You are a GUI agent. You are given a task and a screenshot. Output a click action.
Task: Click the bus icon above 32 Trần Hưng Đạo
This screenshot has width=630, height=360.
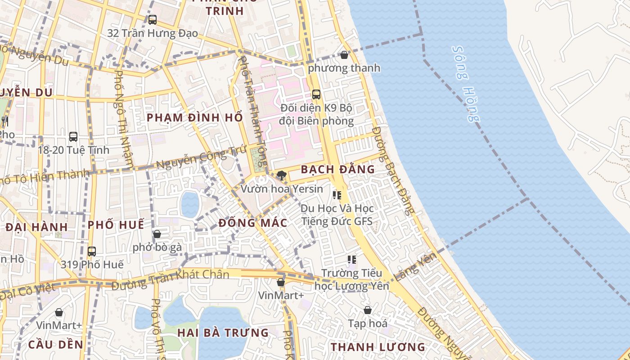153,20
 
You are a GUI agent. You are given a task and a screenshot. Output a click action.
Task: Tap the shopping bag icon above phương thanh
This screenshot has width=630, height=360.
344,55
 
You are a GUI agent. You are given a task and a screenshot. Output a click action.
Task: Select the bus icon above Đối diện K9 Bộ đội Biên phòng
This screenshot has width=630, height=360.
316,94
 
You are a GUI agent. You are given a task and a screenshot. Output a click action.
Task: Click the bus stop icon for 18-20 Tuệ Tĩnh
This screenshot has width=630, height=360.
73,137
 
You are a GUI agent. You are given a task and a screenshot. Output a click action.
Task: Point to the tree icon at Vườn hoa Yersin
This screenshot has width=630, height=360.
282,175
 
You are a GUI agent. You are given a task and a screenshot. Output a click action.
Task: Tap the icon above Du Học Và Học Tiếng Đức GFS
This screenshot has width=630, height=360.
337,195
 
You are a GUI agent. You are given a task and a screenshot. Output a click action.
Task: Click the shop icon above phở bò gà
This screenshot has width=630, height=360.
157,234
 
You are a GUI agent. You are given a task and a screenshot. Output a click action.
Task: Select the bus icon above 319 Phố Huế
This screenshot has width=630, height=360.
92,251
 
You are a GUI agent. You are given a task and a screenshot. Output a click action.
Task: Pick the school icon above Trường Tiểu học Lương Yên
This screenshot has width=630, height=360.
351,260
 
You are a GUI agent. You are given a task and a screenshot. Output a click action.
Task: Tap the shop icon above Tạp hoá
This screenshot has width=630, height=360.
368,310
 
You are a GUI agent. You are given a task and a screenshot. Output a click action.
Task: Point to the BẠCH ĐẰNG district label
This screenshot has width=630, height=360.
337,169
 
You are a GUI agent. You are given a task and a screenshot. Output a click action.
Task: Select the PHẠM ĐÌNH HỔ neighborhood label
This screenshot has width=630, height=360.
195,117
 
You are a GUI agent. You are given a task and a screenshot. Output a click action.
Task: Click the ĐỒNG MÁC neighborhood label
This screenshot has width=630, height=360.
253,223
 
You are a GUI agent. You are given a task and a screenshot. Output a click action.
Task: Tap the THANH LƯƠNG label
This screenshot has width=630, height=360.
378,347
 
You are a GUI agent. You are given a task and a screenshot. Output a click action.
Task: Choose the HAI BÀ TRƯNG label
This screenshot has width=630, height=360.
223,333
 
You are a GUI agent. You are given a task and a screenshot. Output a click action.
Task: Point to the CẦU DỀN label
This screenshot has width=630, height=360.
56,345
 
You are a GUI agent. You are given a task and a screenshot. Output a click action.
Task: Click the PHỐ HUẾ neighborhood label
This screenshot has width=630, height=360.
116,225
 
